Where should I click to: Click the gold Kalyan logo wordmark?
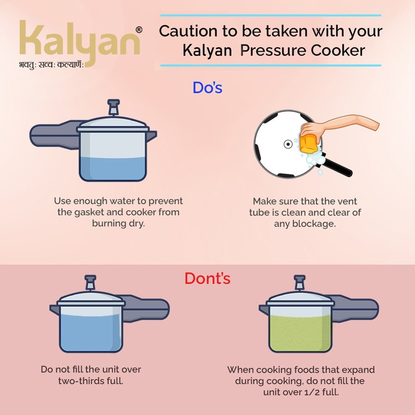point(79,42)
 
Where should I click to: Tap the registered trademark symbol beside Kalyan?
point(139,30)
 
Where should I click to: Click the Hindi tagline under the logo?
point(51,65)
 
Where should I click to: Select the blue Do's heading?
point(207,88)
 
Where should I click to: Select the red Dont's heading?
point(207,279)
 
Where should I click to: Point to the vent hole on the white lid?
point(288,144)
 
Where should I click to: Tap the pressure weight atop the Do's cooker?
point(113,107)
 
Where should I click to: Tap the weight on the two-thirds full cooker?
point(90,283)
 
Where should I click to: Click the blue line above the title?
point(271,15)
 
